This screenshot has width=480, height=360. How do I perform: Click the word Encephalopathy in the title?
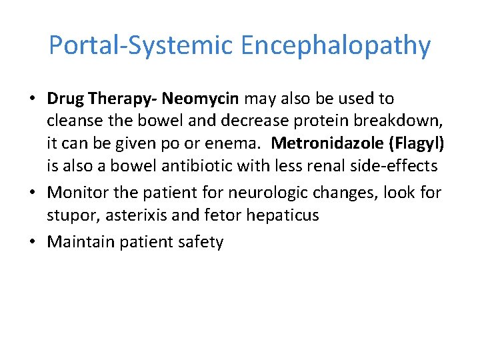336,46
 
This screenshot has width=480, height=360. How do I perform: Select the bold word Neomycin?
200,99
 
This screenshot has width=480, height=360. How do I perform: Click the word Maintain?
80,241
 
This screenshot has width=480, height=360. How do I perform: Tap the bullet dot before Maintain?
33,241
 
